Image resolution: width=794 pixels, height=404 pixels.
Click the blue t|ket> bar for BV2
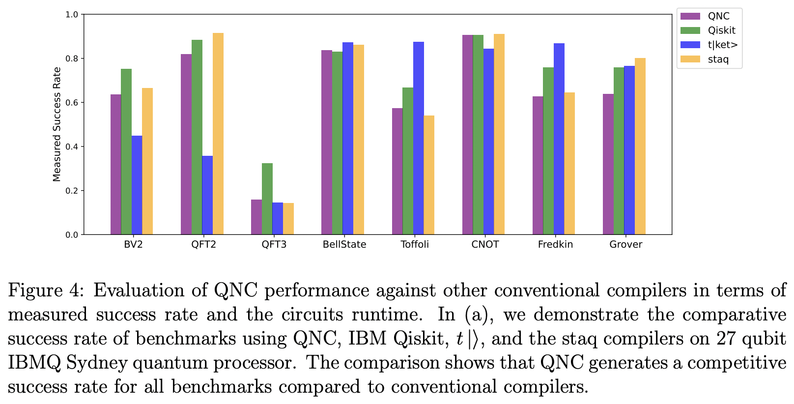point(137,185)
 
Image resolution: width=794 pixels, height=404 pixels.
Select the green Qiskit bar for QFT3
point(267,199)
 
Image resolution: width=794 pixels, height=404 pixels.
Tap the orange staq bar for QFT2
point(218,134)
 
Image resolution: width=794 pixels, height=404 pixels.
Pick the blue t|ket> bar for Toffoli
point(418,138)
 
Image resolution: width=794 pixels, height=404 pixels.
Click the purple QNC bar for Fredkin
point(538,165)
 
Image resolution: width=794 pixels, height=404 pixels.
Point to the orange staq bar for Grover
point(640,146)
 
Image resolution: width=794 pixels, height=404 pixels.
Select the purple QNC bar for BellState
point(327,142)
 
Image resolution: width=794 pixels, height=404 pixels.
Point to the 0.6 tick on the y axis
point(72,103)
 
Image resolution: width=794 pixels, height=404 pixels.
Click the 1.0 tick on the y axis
point(72,15)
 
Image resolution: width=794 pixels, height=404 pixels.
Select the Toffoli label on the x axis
point(415,244)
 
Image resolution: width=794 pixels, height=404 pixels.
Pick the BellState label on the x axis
point(344,244)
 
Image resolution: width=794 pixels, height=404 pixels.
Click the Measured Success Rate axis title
point(57,124)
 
